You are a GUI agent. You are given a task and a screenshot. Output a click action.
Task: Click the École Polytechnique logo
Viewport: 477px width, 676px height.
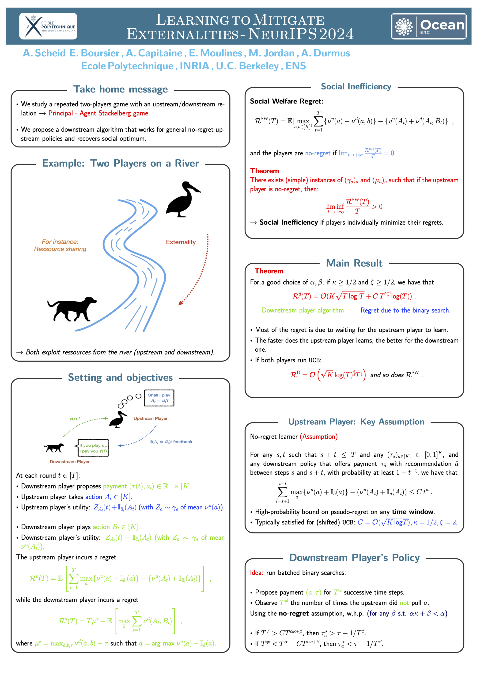tap(48, 26)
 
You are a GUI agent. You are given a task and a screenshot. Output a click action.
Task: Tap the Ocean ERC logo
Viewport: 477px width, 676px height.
tap(428, 26)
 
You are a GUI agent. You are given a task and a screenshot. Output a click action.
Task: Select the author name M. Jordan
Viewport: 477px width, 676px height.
tap(271, 53)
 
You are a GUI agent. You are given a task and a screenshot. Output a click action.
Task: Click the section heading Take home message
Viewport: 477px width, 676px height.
tap(120, 89)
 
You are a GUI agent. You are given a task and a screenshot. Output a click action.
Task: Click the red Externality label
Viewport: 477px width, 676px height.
tap(181, 242)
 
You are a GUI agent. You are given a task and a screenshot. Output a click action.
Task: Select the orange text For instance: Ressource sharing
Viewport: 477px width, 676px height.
tap(60, 245)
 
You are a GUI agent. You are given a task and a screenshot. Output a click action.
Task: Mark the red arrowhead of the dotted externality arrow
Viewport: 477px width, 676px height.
tap(181, 303)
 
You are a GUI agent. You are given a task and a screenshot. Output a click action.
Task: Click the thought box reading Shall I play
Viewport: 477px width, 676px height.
tap(159, 398)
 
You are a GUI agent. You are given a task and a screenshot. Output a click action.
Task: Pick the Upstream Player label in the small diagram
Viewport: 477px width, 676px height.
tap(150, 418)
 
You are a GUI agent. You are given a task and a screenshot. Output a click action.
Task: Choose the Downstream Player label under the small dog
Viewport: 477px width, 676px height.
tap(70, 461)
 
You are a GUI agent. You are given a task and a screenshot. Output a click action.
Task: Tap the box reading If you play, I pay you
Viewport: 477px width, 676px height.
tap(93, 448)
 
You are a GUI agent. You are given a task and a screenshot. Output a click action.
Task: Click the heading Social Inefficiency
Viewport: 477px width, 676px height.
tap(356, 87)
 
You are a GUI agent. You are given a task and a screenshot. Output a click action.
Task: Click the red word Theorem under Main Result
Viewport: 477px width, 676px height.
tap(269, 271)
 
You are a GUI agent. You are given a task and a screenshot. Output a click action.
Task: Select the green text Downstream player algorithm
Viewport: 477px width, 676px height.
tap(303, 310)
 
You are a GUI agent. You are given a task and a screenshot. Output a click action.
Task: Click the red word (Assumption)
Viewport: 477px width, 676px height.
tap(319, 436)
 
